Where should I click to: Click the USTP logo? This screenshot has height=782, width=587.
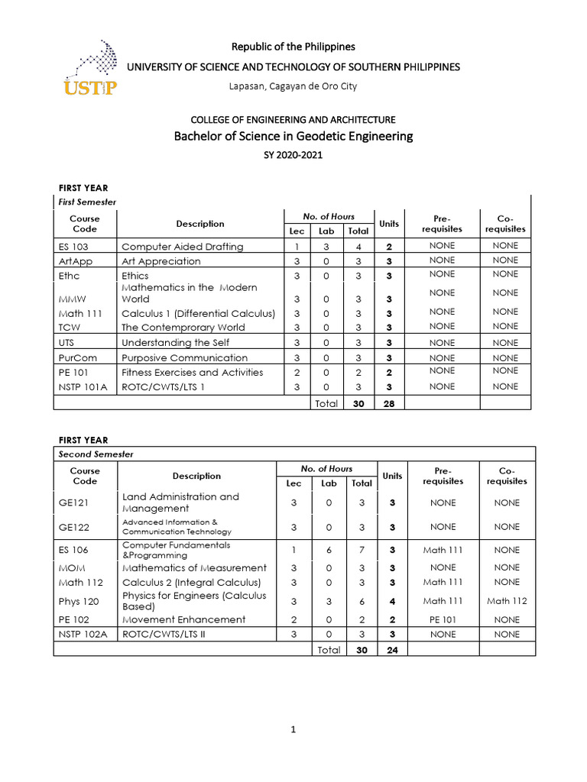coord(90,69)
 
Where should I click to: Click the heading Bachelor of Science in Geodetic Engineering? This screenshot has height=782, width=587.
coord(293,137)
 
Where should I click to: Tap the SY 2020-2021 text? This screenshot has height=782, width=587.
coord(293,155)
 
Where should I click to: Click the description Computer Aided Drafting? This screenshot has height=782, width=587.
coord(182,247)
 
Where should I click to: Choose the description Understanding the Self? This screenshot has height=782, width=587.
coord(184,343)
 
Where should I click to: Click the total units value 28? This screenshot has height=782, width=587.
coord(388,403)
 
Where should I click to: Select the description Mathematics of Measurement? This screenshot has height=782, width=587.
coord(194,567)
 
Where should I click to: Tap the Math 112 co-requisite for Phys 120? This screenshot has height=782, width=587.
coord(506,601)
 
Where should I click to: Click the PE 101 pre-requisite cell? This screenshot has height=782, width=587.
coord(443,619)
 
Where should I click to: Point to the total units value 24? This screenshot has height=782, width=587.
coord(391,649)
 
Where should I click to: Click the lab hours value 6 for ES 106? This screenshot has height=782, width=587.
coord(328,550)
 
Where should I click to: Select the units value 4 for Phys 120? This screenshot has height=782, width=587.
coord(391,601)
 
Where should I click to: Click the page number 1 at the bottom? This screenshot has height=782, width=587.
coord(293,730)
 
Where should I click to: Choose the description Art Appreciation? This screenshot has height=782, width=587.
coord(161,261)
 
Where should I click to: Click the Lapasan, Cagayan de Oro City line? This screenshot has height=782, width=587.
coord(293,86)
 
